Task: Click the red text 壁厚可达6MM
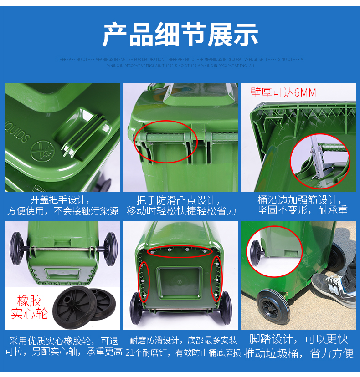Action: coord(283,93)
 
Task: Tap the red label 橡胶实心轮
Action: coord(29,307)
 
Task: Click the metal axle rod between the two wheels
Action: coord(64,249)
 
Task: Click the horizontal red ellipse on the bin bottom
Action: coord(181,250)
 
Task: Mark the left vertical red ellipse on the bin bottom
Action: coord(143,282)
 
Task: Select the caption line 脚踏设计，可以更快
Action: coord(298,339)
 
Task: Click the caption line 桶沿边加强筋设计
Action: coord(298,200)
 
